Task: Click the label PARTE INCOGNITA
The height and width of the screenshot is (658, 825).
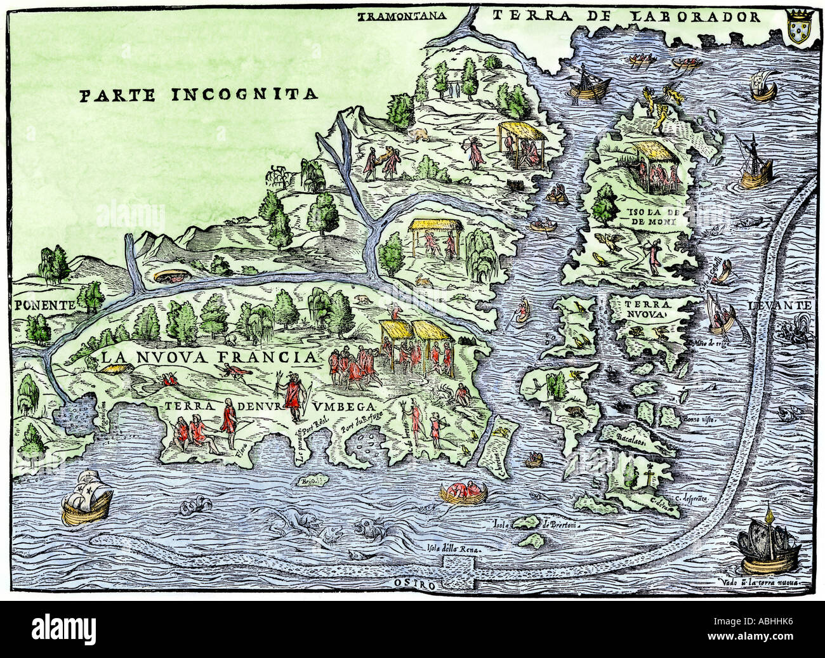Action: click(x=198, y=95)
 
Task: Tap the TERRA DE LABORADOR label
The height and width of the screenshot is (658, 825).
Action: click(x=627, y=16)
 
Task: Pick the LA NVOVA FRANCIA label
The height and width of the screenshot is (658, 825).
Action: click(x=208, y=357)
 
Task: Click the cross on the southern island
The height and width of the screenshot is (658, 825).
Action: click(x=650, y=470)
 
